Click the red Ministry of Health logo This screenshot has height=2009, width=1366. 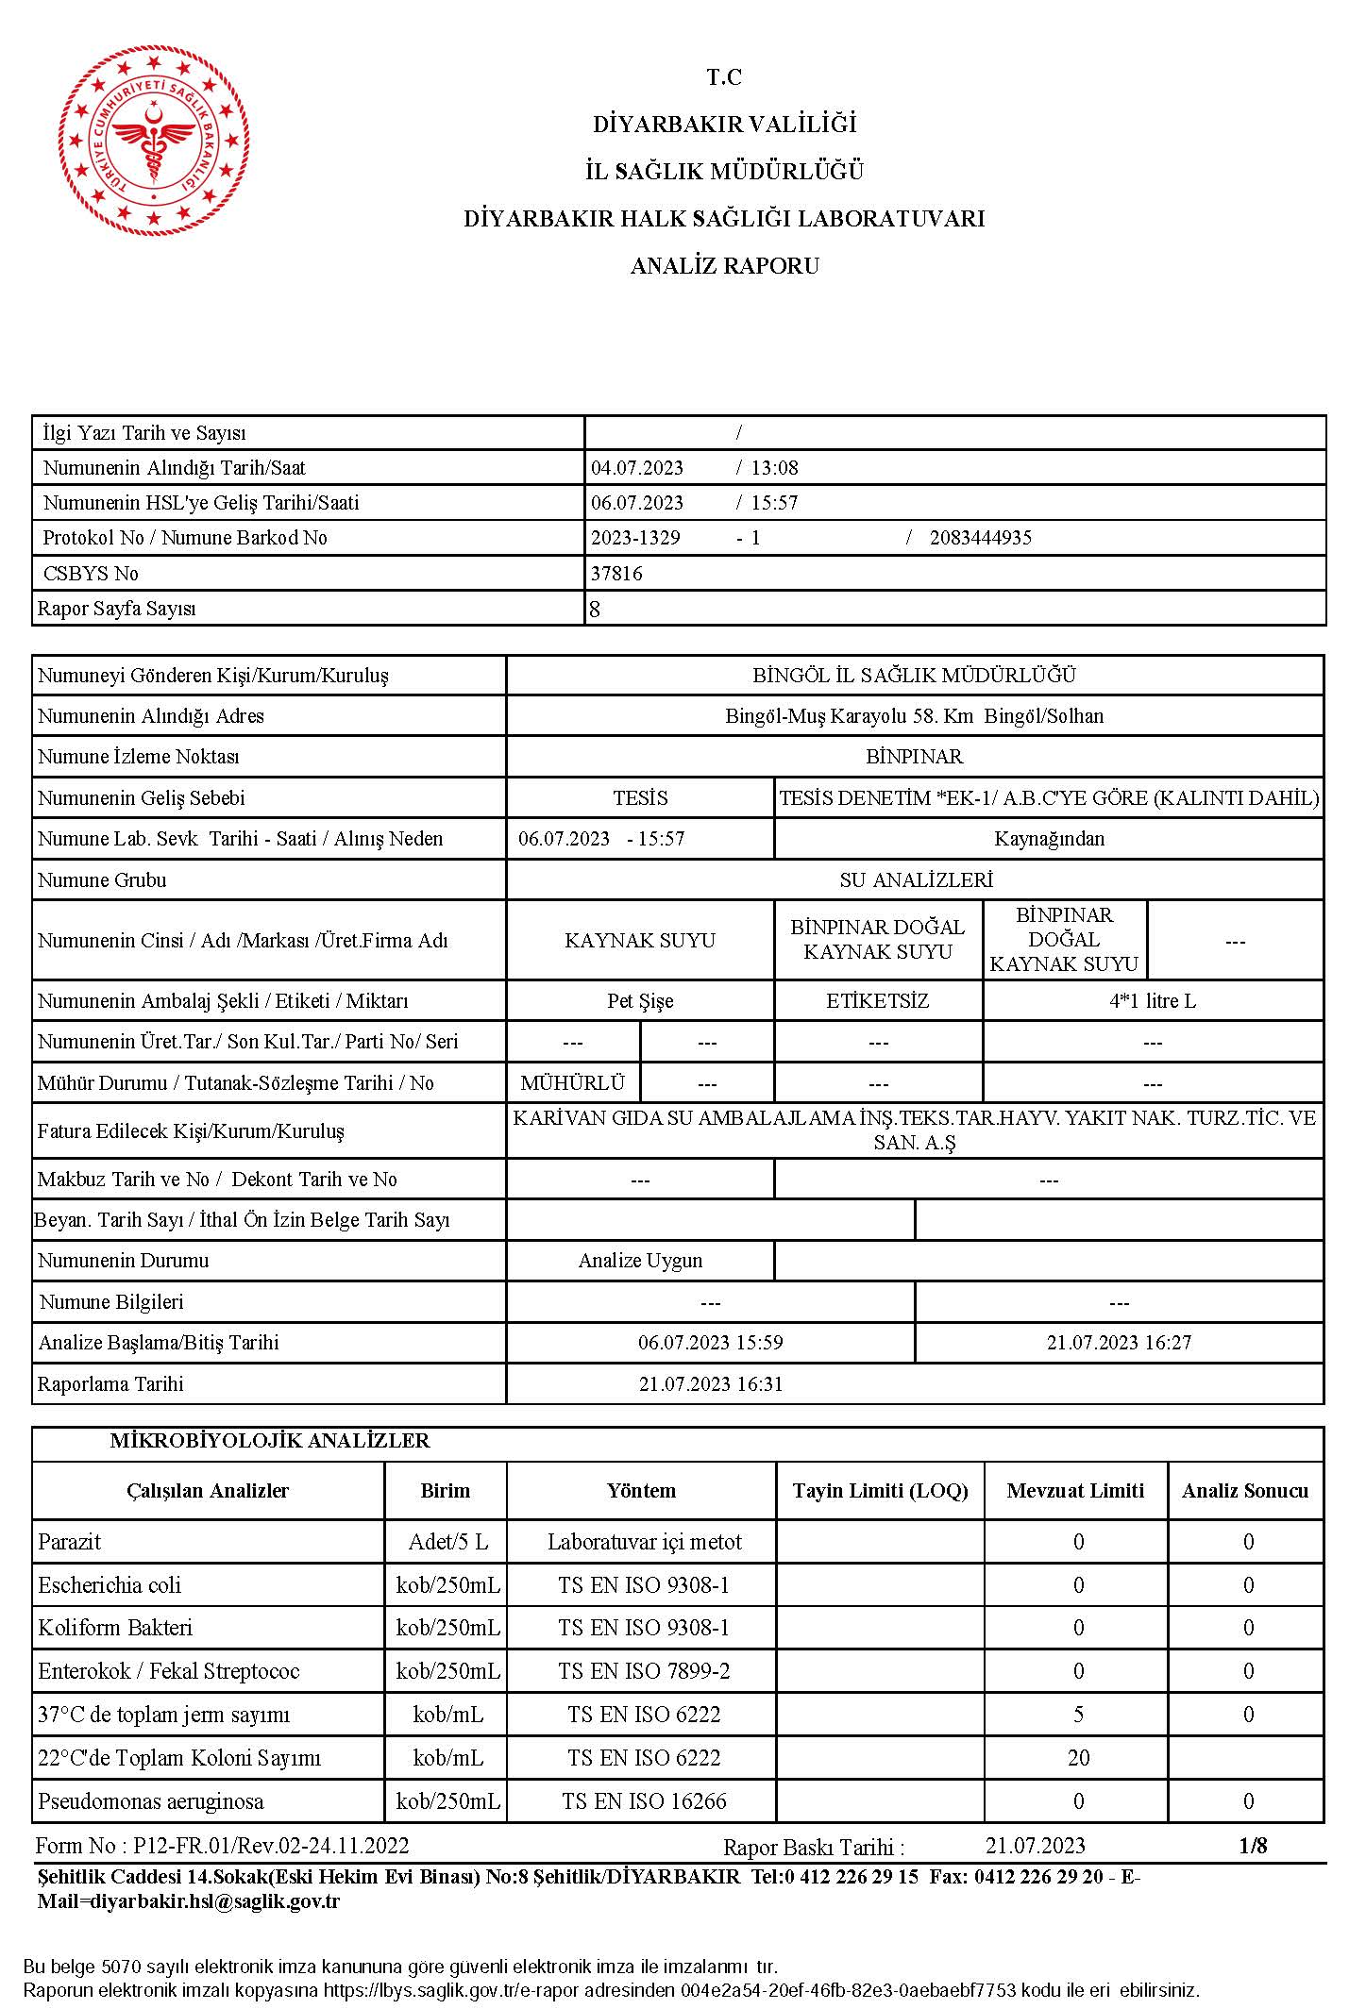point(151,141)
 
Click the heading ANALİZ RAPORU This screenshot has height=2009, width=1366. point(724,266)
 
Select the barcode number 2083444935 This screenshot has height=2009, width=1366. point(980,538)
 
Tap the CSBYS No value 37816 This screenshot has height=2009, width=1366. point(616,574)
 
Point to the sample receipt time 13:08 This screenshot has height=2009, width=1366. point(774,468)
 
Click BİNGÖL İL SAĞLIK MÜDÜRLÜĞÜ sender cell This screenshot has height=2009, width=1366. point(914,676)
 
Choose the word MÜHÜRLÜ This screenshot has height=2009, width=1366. point(573,1083)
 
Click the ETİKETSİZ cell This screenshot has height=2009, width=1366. point(877,1001)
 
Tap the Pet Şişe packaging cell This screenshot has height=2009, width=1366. point(640,1001)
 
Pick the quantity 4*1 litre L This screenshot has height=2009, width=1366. point(1152,1001)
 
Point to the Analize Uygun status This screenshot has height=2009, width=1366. point(640,1261)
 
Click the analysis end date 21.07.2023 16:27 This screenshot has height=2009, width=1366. point(1119,1343)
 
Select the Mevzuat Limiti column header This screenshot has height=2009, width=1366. point(1075,1491)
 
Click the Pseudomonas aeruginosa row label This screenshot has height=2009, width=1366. point(151,1801)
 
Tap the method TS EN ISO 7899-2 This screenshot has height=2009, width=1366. point(644,1671)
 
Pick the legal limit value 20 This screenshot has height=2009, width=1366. point(1078,1758)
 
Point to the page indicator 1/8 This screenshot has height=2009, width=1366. point(1253,1846)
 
